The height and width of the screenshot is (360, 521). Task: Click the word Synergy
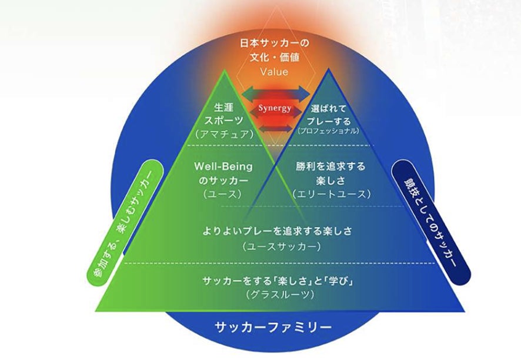(275, 108)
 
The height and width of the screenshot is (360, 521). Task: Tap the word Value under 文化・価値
(274, 72)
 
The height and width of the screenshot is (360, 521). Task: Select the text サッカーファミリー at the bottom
(273, 327)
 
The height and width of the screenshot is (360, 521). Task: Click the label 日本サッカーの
(275, 43)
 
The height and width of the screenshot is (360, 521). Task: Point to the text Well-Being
(223, 166)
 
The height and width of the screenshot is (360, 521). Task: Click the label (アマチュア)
(224, 134)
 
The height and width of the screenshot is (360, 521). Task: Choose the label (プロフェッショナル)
(328, 131)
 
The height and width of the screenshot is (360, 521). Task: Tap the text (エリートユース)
(331, 194)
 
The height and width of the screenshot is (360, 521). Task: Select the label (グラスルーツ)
(280, 295)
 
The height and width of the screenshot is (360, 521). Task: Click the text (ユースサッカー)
(282, 246)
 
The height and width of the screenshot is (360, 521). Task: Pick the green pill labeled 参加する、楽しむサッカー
(125, 223)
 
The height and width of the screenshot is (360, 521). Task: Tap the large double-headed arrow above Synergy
(275, 93)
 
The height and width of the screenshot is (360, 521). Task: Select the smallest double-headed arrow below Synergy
(275, 129)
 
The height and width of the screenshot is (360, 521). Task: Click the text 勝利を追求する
(330, 166)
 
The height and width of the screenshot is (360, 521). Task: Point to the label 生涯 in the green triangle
(223, 108)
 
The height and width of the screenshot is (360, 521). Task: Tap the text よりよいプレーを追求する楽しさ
(277, 231)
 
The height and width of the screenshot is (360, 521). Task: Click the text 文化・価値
(275, 57)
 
